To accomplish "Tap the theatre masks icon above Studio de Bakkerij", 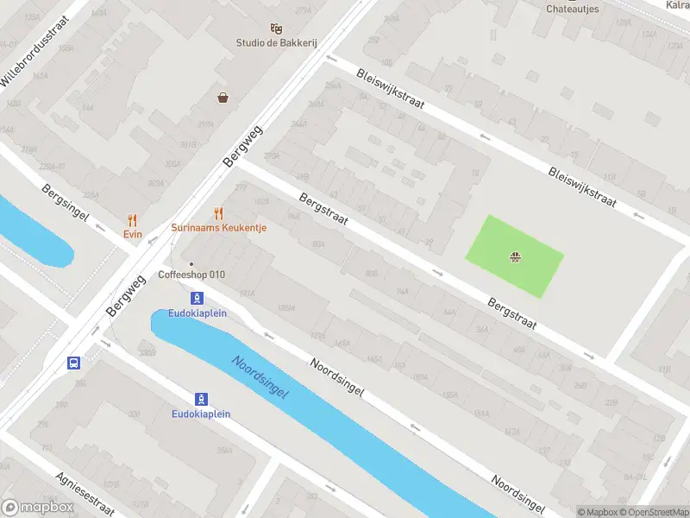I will [x=275, y=28].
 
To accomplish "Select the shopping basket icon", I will [x=223, y=98].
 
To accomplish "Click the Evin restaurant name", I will [x=132, y=234].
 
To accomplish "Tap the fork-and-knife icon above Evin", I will [x=132, y=220].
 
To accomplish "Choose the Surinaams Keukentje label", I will [x=218, y=228].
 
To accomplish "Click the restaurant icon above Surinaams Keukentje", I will [x=218, y=213].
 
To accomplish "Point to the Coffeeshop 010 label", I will [x=191, y=275].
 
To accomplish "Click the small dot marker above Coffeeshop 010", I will [x=191, y=264].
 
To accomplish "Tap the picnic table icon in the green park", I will [x=515, y=256].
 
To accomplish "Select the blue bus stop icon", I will [x=74, y=363].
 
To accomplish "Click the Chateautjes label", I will [x=573, y=9].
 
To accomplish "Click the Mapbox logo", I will [x=37, y=508].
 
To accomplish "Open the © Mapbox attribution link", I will [x=598, y=512].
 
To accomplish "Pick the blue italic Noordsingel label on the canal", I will [x=261, y=376].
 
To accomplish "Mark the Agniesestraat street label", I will [x=85, y=491].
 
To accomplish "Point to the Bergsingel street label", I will [x=66, y=202].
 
